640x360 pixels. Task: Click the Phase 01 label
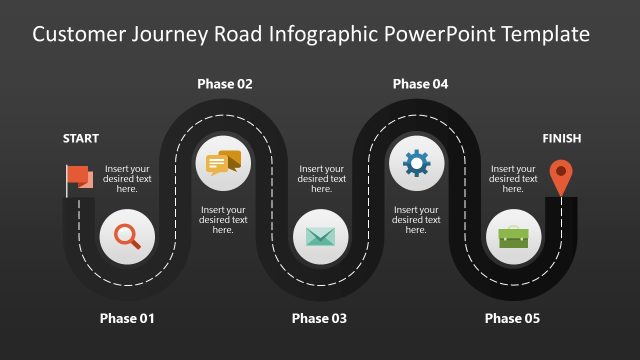pos(127,319)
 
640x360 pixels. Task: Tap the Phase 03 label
pos(319,319)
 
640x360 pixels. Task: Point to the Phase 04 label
pos(420,84)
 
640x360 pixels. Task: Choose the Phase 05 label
pos(512,319)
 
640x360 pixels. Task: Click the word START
pos(81,139)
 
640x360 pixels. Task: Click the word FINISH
pos(561,139)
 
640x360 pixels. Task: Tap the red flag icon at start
pos(79,179)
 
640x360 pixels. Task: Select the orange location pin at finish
pos(562,177)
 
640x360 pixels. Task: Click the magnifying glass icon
pos(127,237)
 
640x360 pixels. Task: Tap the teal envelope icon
pos(320,237)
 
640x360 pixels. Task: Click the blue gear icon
pos(416,162)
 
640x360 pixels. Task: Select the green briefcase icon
pos(513,237)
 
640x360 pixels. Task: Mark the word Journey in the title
pos(169,35)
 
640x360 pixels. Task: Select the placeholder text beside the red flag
pos(127,179)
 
